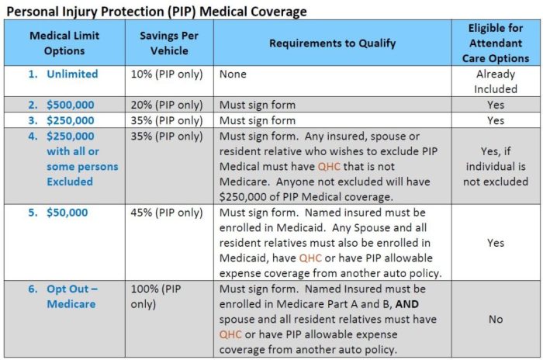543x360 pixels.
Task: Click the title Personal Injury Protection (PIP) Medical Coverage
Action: [x=156, y=12]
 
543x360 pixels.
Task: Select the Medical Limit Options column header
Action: [x=64, y=43]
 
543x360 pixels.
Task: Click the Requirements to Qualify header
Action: [x=332, y=43]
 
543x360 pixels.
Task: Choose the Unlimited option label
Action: [x=71, y=74]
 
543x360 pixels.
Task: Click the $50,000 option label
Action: [x=66, y=213]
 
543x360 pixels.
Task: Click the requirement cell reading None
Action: [x=233, y=74]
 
